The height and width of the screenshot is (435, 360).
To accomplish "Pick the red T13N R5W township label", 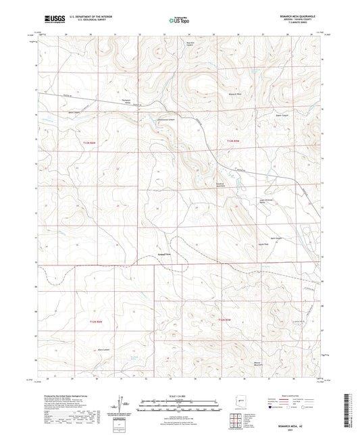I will pyautogui.click(x=231, y=140).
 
